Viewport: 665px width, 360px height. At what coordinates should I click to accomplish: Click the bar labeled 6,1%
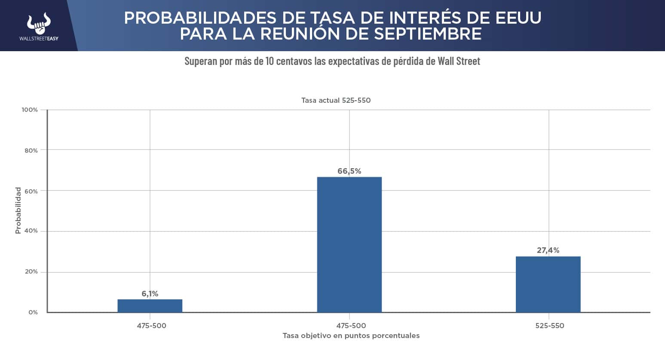coord(150,305)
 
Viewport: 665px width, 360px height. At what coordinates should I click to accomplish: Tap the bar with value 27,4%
coord(548,284)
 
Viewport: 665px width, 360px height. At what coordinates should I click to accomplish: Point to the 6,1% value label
coord(150,294)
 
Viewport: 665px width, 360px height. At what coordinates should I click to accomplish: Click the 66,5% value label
coord(349,171)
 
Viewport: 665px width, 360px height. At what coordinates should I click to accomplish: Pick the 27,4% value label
coord(548,250)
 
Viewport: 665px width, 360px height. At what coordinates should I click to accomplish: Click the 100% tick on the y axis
coord(30,110)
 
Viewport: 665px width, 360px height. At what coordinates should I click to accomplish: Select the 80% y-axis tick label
coord(31,151)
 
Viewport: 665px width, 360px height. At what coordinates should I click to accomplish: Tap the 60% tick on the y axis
coord(31,191)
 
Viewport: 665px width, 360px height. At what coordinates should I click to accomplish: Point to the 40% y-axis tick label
coord(31,231)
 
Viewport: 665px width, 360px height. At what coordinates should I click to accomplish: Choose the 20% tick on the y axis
coord(31,272)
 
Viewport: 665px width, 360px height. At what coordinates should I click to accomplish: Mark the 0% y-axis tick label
coord(33,312)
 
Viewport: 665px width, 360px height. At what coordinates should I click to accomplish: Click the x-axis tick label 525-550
coord(549,326)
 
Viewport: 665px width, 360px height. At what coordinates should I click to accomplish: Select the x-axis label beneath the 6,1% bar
coord(151,326)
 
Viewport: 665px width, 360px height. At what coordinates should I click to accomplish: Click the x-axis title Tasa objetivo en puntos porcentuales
coord(351,335)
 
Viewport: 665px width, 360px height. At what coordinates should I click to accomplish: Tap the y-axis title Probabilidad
coord(18,210)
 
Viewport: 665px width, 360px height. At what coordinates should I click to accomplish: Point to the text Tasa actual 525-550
coord(336,100)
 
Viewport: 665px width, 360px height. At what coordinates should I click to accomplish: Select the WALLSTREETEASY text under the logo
coord(39,39)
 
